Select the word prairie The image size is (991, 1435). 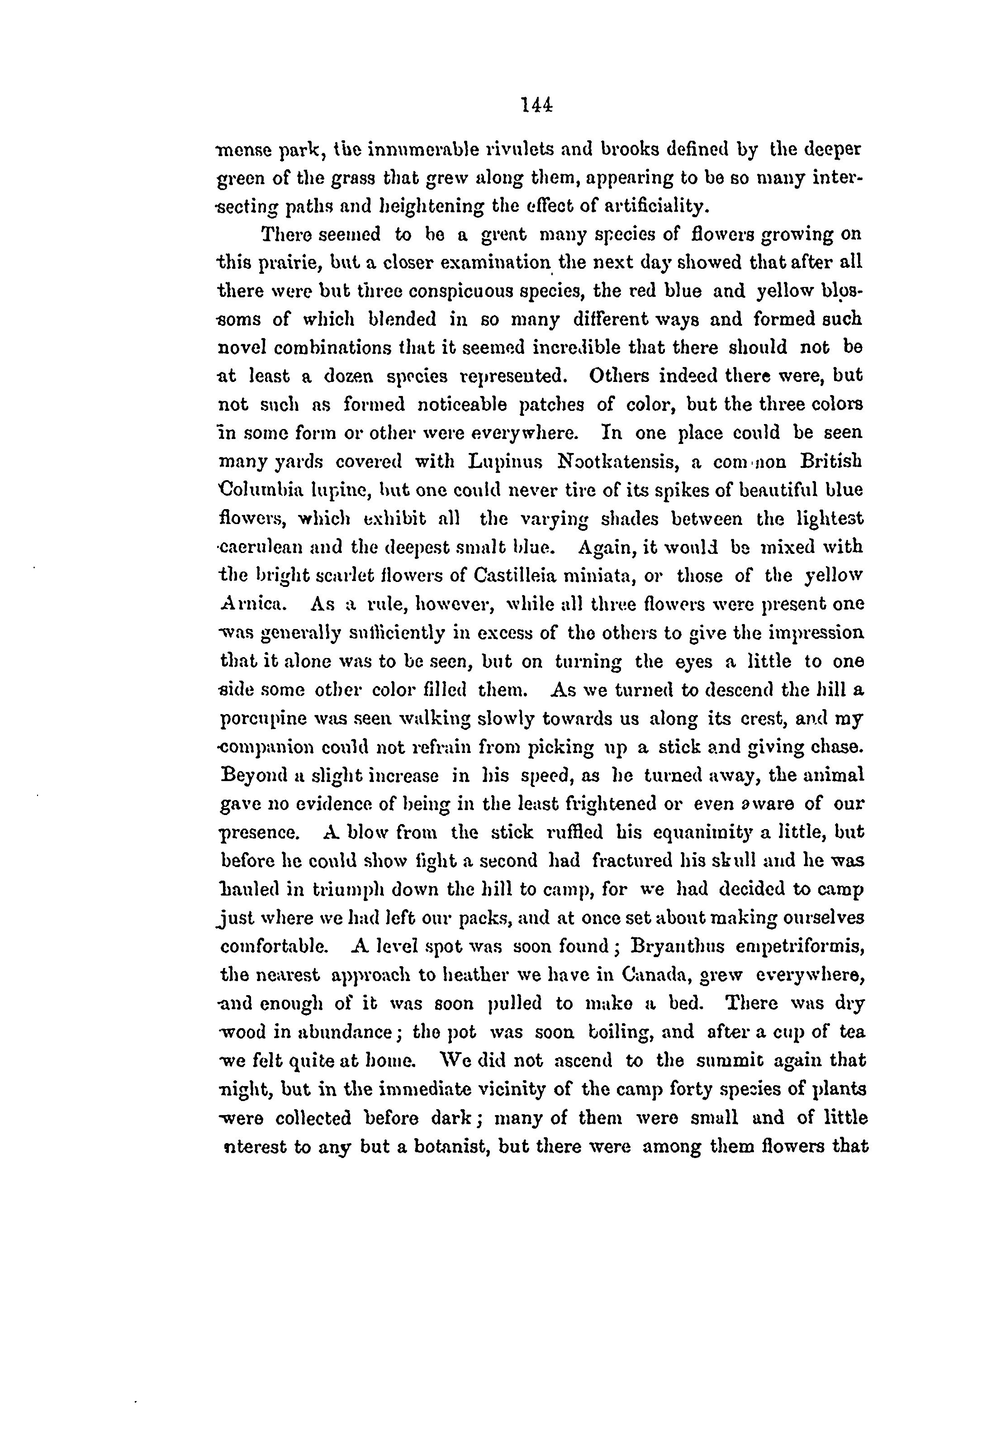(x=284, y=263)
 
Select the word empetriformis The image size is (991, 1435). (x=800, y=947)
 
